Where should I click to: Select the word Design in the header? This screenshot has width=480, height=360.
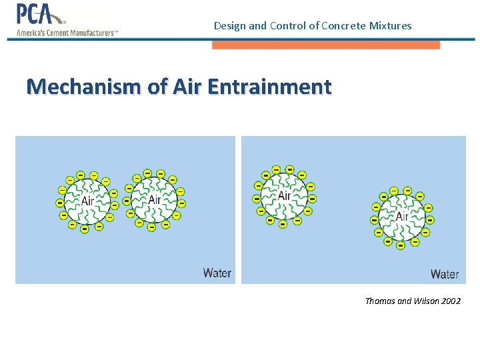coord(229,26)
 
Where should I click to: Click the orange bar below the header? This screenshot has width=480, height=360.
coord(326,45)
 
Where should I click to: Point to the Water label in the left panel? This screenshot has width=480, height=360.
coord(217,273)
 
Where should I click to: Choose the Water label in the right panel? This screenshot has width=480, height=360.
coord(444,274)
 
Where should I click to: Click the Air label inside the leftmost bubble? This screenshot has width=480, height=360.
coord(88,200)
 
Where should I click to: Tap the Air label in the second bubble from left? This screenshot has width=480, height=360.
coord(154,199)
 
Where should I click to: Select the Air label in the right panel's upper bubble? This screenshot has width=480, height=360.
coord(284,195)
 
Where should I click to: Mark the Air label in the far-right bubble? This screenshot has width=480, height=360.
coord(402,216)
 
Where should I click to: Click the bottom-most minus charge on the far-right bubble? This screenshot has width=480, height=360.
coord(400,245)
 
